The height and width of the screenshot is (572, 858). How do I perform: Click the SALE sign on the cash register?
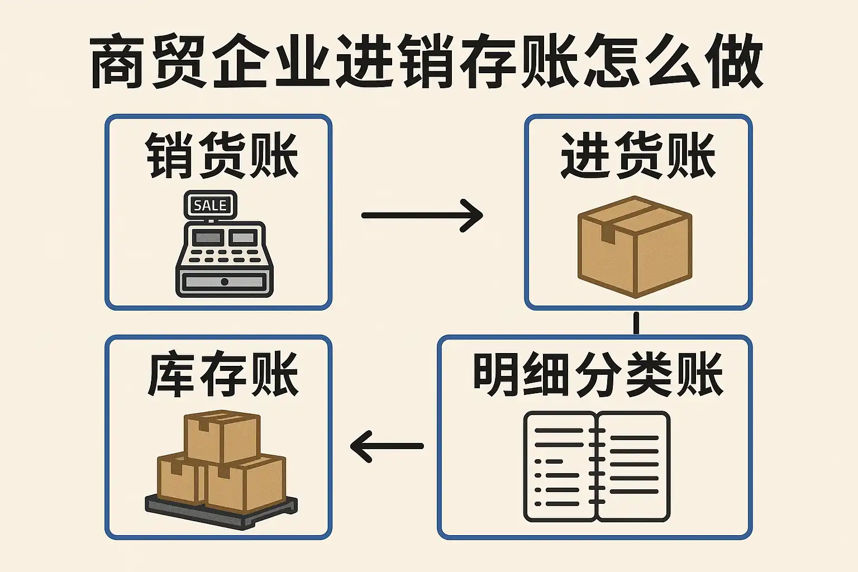[210, 206]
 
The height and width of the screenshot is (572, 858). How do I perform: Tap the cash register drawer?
[225, 282]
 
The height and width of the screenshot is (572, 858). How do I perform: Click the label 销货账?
[222, 155]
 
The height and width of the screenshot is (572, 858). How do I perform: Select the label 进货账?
[638, 155]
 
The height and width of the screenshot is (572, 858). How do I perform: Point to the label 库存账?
[222, 375]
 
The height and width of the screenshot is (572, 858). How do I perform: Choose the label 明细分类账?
[598, 375]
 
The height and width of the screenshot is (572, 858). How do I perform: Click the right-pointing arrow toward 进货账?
[422, 215]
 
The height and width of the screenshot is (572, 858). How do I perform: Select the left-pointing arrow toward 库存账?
[387, 446]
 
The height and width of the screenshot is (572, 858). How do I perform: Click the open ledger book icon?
[597, 466]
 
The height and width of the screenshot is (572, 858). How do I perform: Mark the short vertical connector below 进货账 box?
[636, 323]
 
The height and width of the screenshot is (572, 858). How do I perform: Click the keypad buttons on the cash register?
[223, 256]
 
